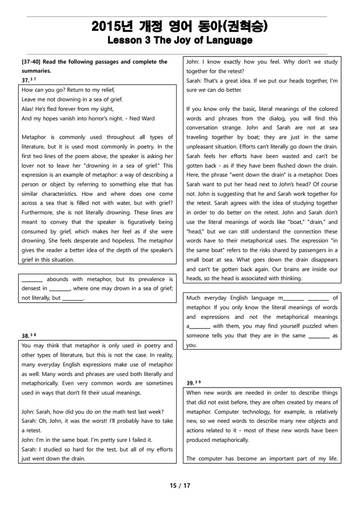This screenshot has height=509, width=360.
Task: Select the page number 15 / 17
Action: tap(180, 485)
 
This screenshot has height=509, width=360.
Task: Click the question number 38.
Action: tap(25, 336)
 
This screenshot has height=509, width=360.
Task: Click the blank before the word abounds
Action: tap(32, 279)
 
